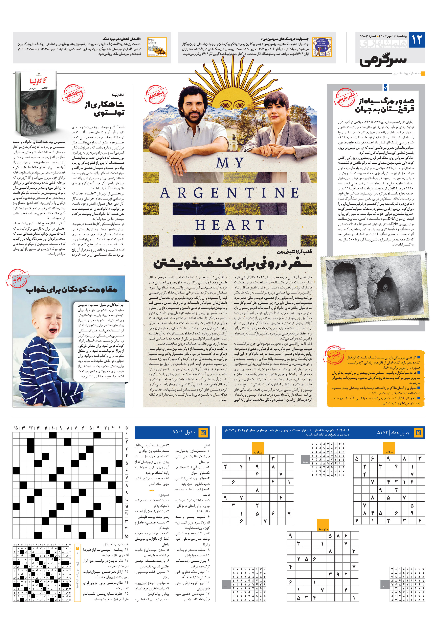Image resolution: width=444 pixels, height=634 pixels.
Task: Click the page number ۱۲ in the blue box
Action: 417,40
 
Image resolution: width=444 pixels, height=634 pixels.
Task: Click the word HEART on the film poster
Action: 230,225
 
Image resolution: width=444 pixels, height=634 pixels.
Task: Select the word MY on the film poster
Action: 230,163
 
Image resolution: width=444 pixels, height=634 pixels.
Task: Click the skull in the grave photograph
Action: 385,289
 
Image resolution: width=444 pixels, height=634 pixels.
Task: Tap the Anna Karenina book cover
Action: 36,103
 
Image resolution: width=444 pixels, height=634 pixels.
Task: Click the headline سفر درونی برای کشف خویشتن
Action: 232,263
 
